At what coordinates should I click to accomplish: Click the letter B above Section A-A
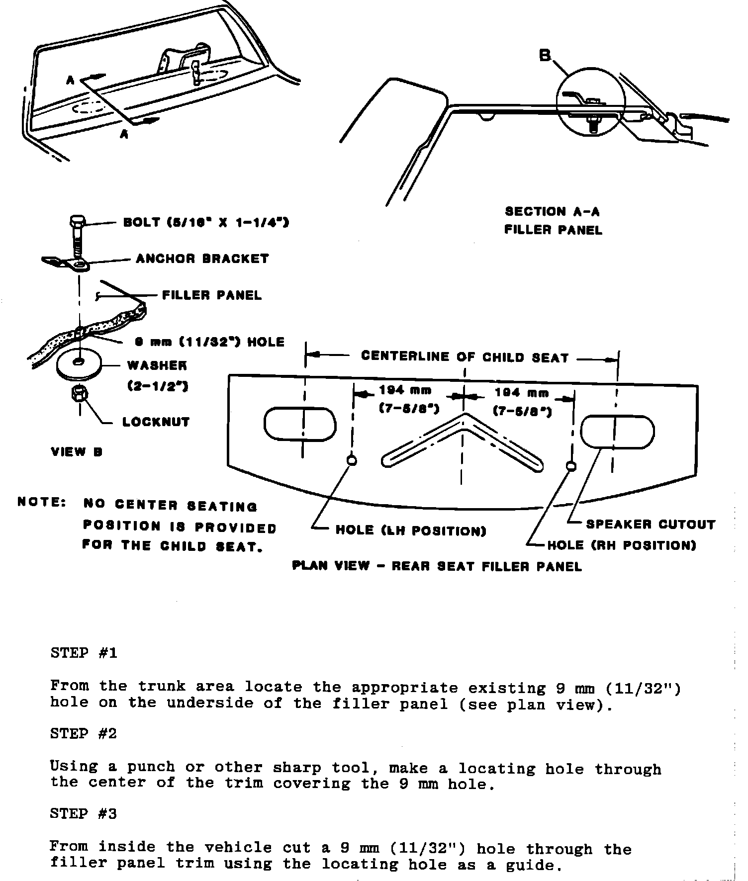point(546,55)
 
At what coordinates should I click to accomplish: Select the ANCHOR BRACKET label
point(202,259)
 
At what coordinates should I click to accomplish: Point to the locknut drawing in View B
point(80,394)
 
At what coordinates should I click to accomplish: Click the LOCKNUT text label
point(156,422)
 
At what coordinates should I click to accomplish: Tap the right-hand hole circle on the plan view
point(571,466)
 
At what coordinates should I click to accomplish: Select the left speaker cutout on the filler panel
point(300,424)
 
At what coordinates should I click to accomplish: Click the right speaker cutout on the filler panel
point(617,432)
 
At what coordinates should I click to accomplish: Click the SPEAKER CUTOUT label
point(651,525)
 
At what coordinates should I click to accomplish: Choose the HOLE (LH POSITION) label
point(411,530)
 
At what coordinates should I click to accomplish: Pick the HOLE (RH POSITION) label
point(621,545)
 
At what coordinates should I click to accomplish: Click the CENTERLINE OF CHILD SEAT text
point(465,357)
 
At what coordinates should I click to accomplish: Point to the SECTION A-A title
point(553,212)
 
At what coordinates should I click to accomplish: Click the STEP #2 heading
point(84,734)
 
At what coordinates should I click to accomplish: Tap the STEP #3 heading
point(84,814)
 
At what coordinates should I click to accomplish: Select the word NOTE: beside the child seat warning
point(42,502)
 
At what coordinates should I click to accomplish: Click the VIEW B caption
point(77,452)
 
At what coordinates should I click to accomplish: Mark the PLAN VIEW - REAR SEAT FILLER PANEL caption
point(437,566)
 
